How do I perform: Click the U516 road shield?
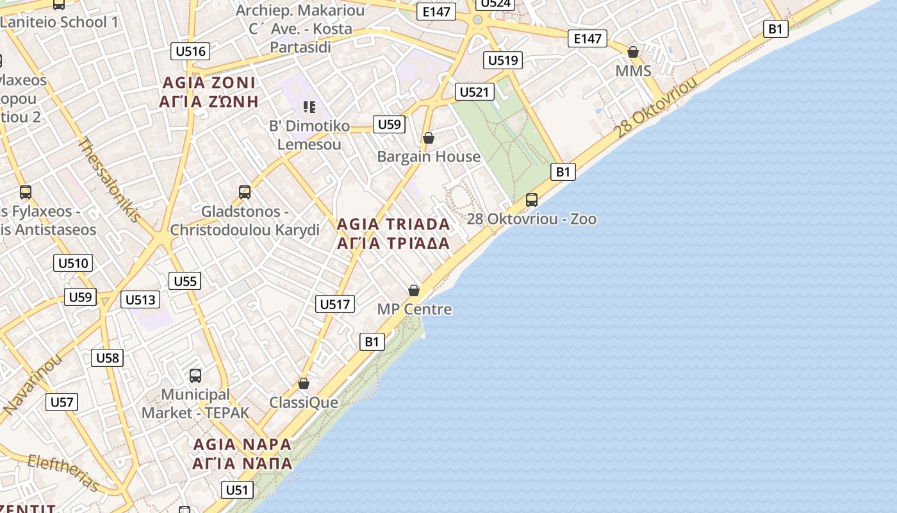pyautogui.click(x=190, y=51)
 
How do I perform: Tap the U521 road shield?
pyautogui.click(x=474, y=92)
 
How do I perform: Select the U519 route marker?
pyautogui.click(x=502, y=60)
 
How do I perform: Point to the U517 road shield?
pyautogui.click(x=335, y=304)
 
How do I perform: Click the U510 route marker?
pyautogui.click(x=73, y=263)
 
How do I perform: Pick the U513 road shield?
pyautogui.click(x=140, y=299)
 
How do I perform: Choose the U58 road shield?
pyautogui.click(x=107, y=358)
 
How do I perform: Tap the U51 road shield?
pyautogui.click(x=237, y=491)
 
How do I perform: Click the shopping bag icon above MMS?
pyautogui.click(x=633, y=52)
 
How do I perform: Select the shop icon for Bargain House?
pyautogui.click(x=429, y=138)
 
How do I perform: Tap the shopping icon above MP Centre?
pyautogui.click(x=414, y=290)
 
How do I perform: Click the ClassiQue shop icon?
pyautogui.click(x=304, y=383)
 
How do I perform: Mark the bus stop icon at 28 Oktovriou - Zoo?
pyautogui.click(x=531, y=199)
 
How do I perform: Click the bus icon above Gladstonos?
pyautogui.click(x=244, y=192)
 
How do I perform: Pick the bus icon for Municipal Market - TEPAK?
pyautogui.click(x=195, y=375)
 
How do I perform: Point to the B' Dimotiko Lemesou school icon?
pyautogui.click(x=309, y=106)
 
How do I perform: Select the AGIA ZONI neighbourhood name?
pyautogui.click(x=209, y=92)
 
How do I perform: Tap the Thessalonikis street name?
pyautogui.click(x=109, y=180)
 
